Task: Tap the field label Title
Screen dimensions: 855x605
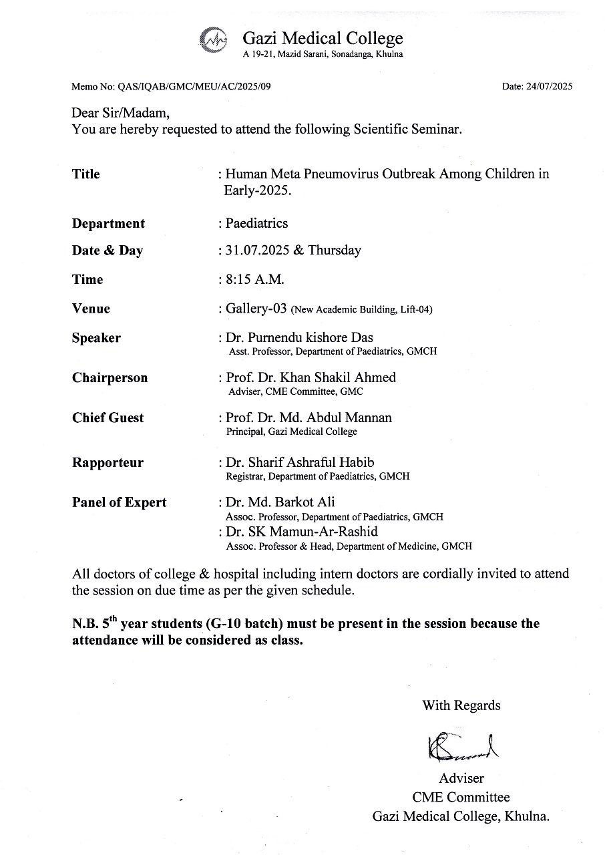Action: click(86, 174)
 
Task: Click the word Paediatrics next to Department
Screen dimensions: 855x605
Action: click(257, 222)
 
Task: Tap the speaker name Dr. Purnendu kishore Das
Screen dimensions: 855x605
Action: click(299, 337)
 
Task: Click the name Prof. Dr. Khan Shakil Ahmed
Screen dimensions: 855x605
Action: click(311, 377)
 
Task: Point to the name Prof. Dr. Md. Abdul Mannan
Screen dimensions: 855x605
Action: click(309, 417)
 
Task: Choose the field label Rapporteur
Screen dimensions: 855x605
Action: click(108, 463)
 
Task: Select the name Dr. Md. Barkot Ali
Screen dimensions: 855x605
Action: click(280, 502)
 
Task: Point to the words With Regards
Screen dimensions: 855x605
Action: click(461, 705)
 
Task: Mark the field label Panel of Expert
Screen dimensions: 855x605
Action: click(120, 502)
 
